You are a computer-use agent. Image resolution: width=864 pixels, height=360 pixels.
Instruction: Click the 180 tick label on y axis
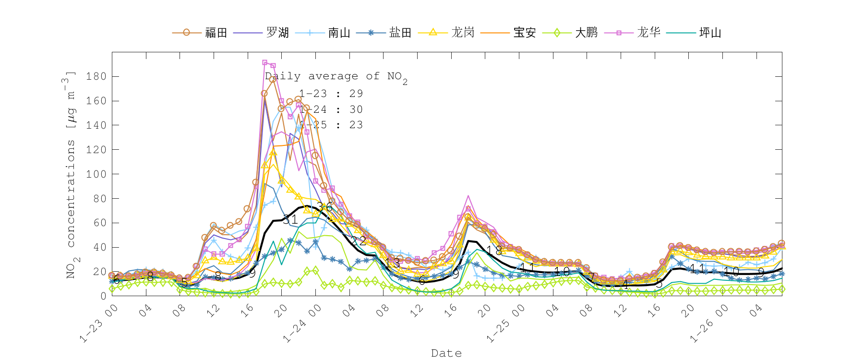click(x=96, y=76)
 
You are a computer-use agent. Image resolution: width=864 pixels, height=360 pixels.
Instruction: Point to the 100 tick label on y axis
click(x=96, y=174)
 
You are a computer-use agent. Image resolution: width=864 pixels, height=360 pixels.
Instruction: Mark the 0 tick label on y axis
click(x=103, y=296)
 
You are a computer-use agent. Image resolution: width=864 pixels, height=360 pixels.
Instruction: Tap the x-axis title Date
click(x=446, y=353)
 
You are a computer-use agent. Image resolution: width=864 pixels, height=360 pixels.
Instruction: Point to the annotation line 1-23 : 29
click(x=331, y=94)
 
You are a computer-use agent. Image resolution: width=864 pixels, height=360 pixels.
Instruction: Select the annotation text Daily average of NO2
click(x=336, y=77)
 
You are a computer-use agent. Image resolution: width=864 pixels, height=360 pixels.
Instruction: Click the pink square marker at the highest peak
click(x=265, y=62)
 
